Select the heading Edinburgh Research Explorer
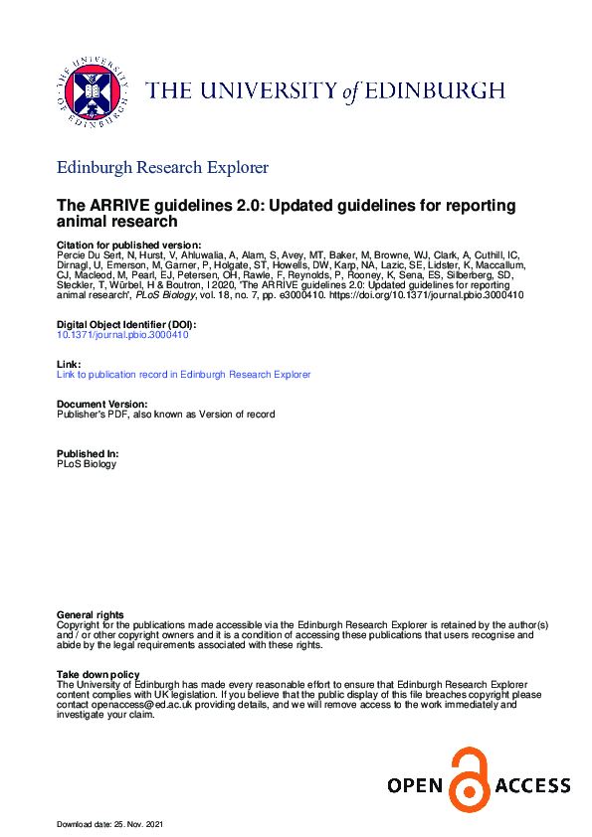coord(162,167)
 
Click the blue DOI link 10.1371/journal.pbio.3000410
coord(122,335)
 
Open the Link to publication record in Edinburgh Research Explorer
coord(184,375)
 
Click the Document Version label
coord(102,404)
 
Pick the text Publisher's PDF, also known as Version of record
coord(166,414)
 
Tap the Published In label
coord(88,453)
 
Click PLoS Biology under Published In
coord(87,463)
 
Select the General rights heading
coord(91,615)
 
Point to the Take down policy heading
coord(98,675)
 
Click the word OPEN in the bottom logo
coord(415,786)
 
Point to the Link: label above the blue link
coord(68,365)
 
